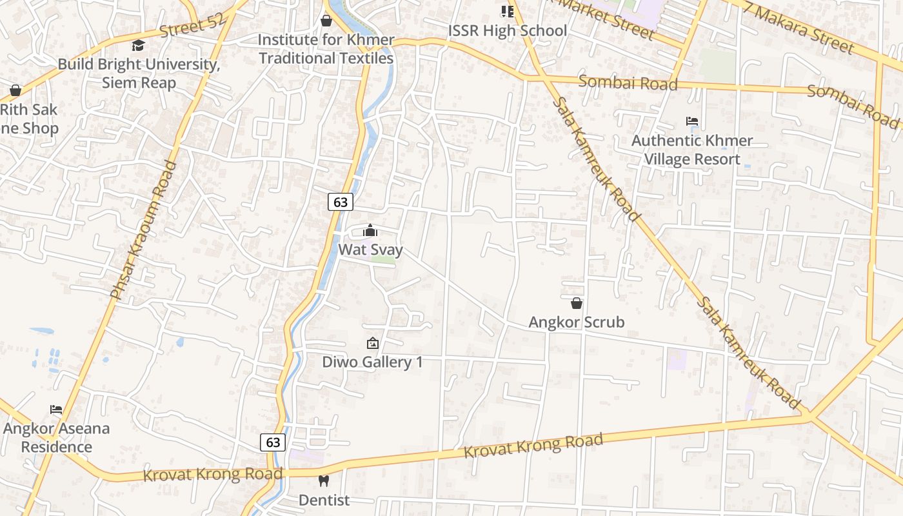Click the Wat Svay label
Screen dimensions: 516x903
click(371, 250)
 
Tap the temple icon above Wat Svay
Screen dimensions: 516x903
click(370, 231)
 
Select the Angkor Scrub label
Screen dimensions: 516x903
click(577, 322)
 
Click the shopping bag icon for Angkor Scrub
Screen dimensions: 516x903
click(577, 303)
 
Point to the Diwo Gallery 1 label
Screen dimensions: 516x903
click(372, 362)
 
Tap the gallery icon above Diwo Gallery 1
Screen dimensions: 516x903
click(372, 343)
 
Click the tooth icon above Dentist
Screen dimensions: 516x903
click(324, 481)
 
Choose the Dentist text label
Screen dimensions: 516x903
click(324, 500)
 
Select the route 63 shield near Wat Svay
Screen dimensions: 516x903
click(341, 202)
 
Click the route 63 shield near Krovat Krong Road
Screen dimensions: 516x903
click(273, 442)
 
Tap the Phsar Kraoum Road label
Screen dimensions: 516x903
click(144, 230)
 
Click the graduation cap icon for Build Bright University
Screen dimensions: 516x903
click(138, 45)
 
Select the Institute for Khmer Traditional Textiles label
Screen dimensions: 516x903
click(326, 49)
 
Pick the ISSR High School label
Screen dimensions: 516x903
click(508, 30)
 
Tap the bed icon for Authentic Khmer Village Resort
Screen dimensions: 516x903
click(692, 121)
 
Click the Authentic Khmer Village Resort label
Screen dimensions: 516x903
click(692, 150)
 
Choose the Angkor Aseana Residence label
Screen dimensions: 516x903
click(57, 437)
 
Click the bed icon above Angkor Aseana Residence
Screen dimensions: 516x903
click(56, 410)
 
